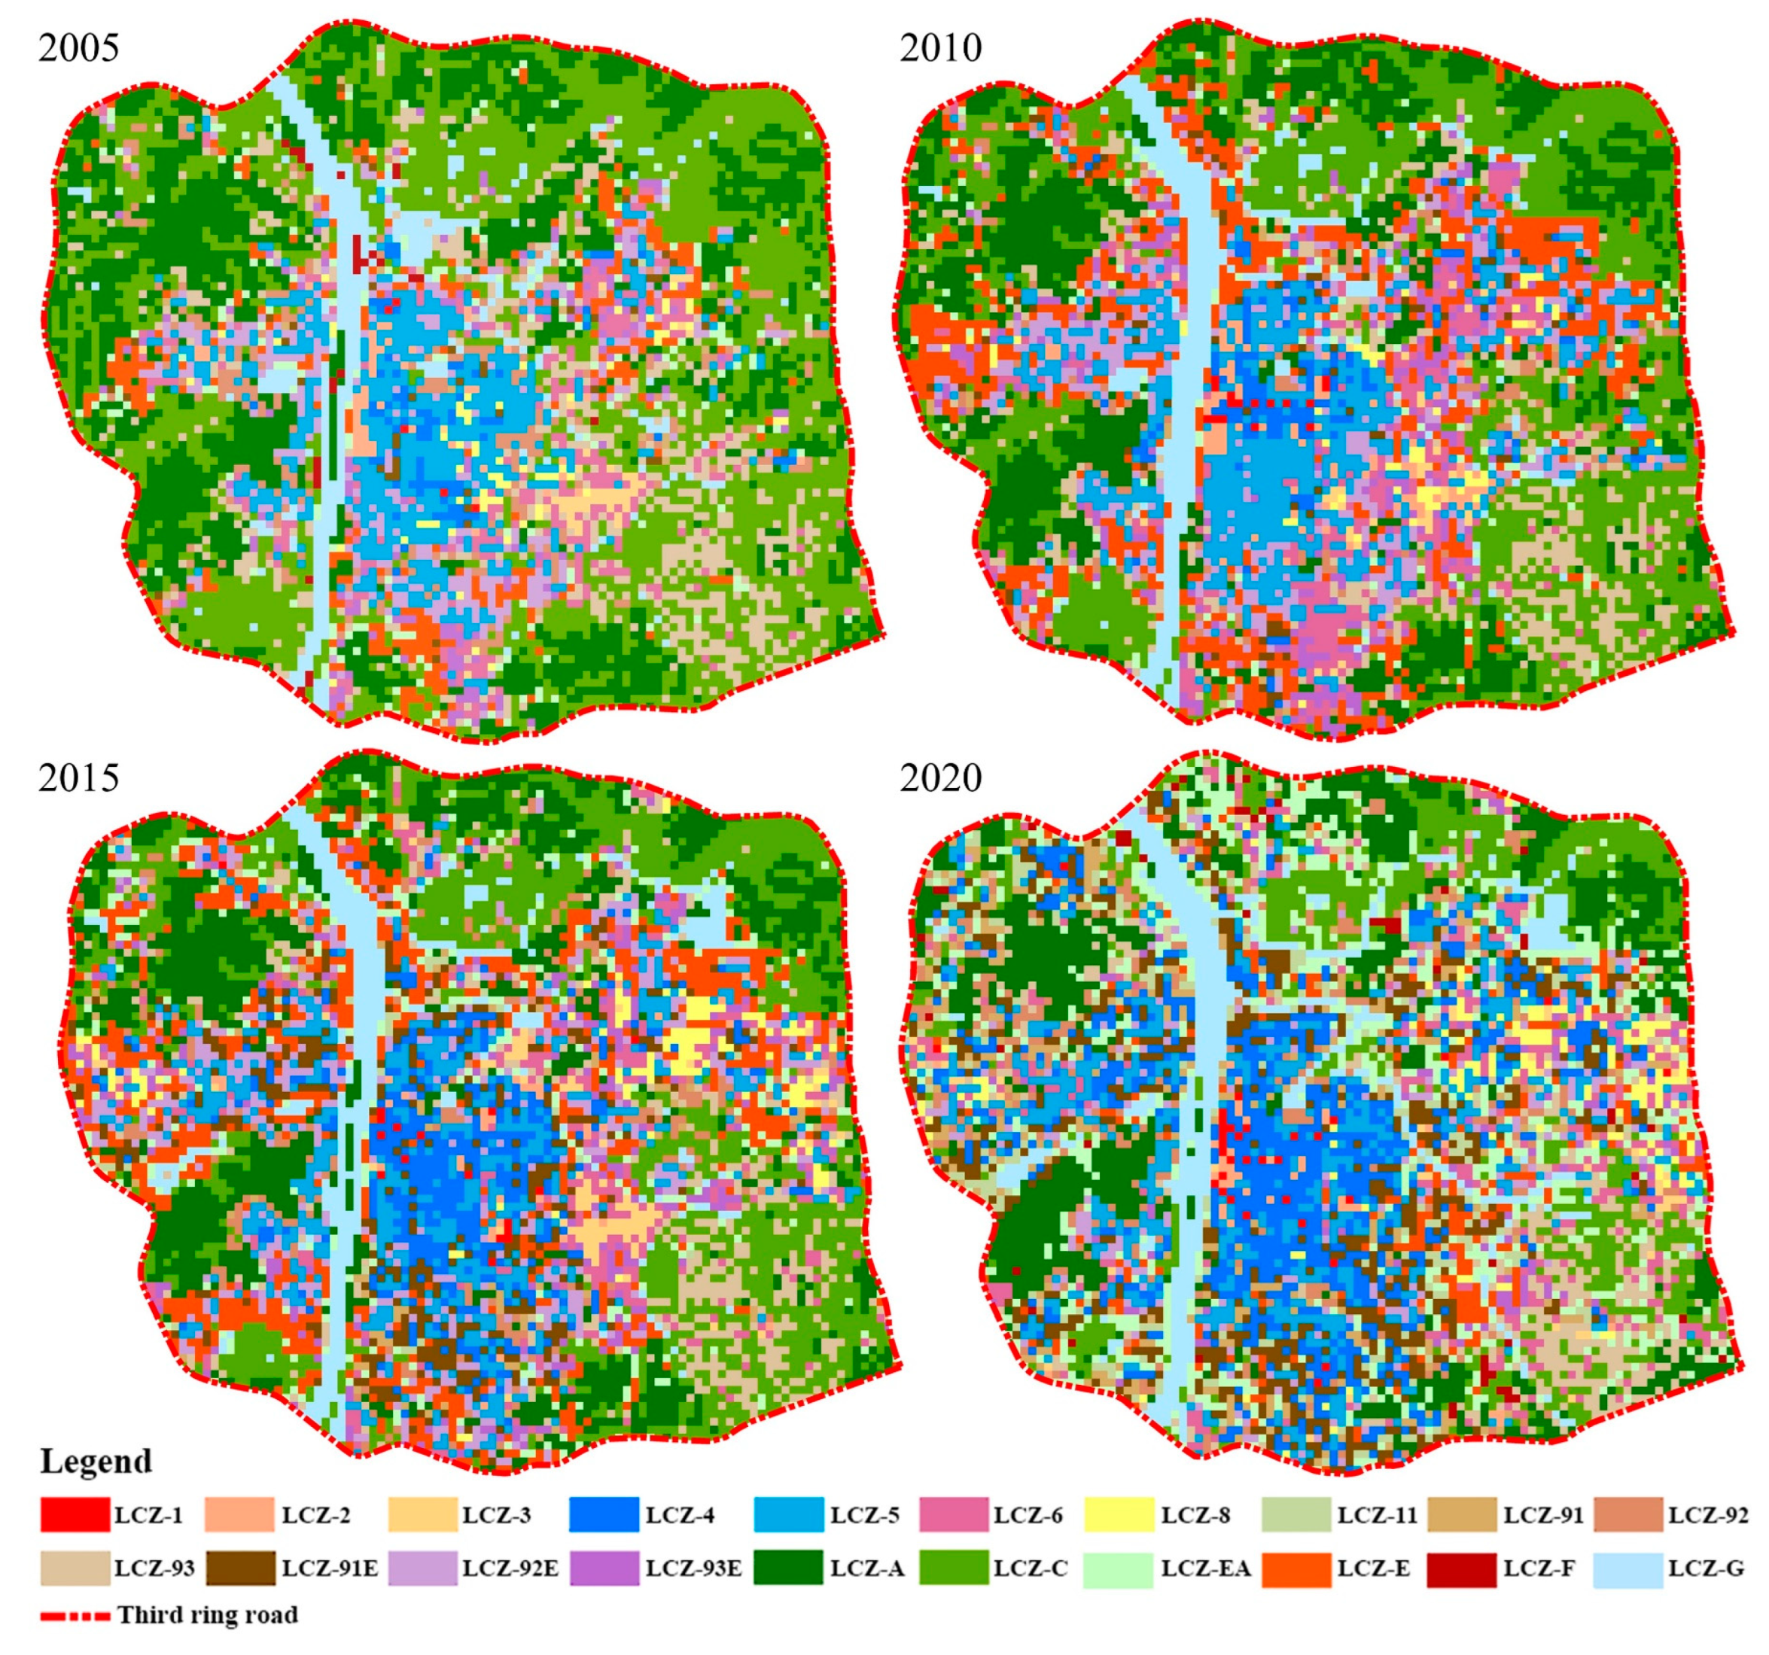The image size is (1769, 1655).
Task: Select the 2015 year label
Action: point(78,777)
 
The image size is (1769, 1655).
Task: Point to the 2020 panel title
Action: point(940,777)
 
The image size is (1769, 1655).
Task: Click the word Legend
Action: point(96,1461)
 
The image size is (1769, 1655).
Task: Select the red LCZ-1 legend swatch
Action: point(75,1514)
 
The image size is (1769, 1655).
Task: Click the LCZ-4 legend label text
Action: point(680,1515)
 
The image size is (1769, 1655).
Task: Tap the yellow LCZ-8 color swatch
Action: point(1119,1514)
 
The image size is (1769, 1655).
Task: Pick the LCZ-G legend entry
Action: point(1706,1568)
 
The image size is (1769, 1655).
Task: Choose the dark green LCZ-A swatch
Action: point(787,1568)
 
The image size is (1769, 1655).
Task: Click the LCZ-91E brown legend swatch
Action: point(240,1568)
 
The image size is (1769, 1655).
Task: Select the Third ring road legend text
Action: point(207,1615)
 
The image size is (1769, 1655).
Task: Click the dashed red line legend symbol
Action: point(75,1615)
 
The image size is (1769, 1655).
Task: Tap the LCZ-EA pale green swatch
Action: point(1119,1568)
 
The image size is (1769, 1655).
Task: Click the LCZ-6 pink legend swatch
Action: point(953,1514)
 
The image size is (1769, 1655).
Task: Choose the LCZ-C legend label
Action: point(1030,1568)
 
